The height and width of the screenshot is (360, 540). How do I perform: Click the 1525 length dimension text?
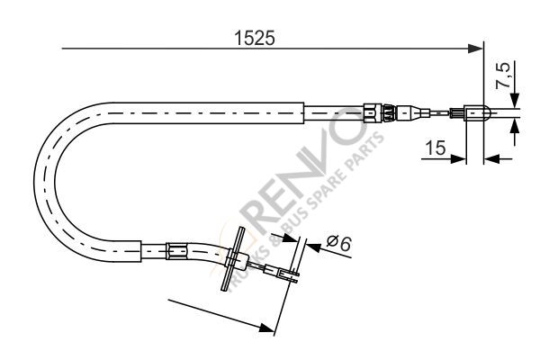pyautogui.click(x=255, y=38)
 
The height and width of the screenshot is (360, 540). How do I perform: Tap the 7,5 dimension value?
pyautogui.click(x=502, y=76)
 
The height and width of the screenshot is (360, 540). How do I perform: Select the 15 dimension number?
pyautogui.click(x=436, y=148)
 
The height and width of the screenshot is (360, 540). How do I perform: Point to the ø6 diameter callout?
pyautogui.click(x=338, y=243)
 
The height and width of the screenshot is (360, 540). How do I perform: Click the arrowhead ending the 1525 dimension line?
pyautogui.click(x=475, y=49)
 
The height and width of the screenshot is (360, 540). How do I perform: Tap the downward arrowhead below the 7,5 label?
pyautogui.click(x=515, y=101)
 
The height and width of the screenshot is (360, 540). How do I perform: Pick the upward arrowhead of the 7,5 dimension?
pyautogui.click(x=515, y=126)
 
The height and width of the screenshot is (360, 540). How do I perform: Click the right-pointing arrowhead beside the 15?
pyautogui.click(x=458, y=158)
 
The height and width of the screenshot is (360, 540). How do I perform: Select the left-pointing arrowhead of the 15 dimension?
pyautogui.click(x=491, y=158)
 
